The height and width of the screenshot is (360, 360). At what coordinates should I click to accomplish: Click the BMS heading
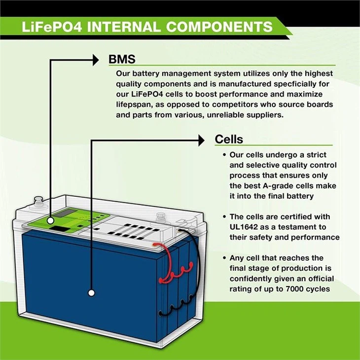pyautogui.click(x=122, y=60)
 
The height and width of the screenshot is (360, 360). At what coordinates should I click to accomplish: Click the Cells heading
pyautogui.click(x=229, y=139)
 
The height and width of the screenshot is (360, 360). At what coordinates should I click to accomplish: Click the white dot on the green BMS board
pyautogui.click(x=50, y=222)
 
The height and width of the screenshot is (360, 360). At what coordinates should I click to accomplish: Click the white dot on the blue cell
pyautogui.click(x=91, y=293)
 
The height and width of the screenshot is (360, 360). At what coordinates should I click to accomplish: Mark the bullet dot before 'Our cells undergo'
pyautogui.click(x=224, y=155)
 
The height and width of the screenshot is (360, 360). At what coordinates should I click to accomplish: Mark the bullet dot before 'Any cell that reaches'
pyautogui.click(x=224, y=258)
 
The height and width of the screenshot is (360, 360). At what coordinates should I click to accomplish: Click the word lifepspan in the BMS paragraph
pyautogui.click(x=134, y=105)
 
